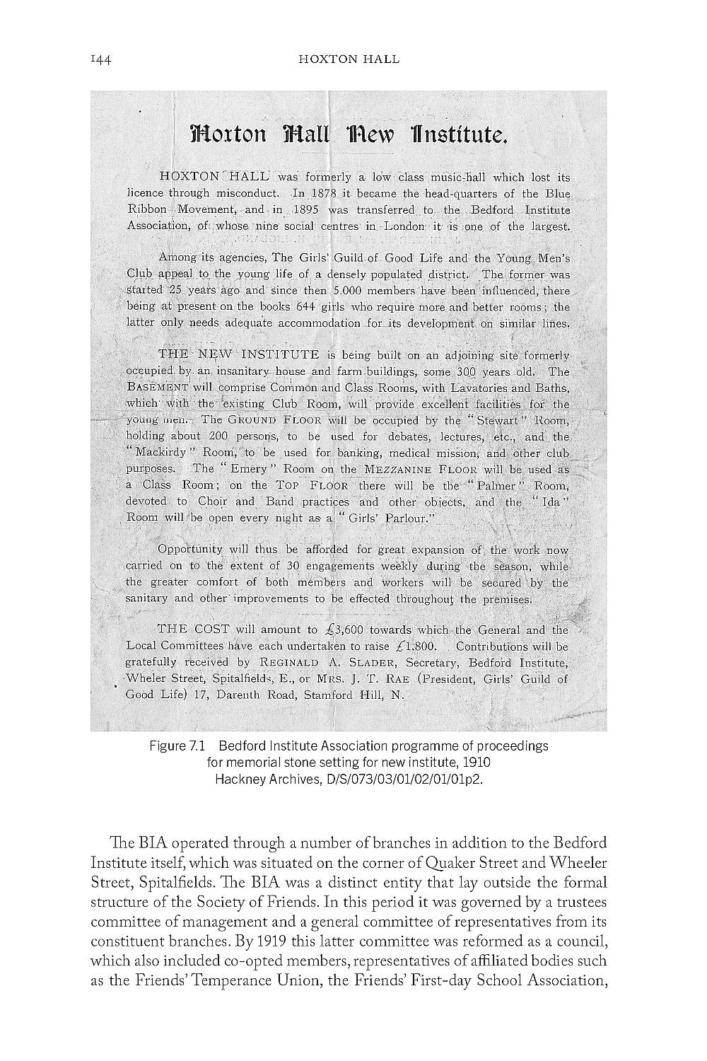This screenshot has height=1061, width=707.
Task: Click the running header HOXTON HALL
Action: tap(349, 59)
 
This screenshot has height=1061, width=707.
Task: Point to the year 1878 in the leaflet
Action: tap(322, 194)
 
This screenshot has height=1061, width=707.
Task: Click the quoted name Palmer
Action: tap(495, 486)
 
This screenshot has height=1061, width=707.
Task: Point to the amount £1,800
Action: tap(413, 647)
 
